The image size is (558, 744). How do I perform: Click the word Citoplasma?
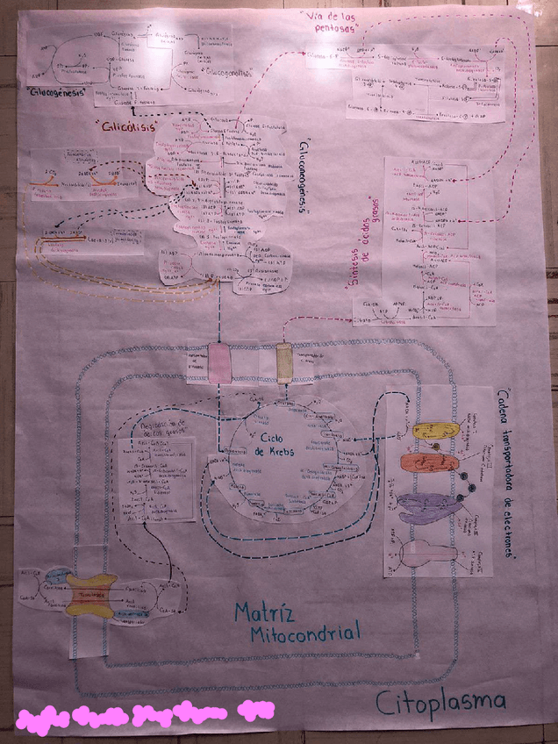[x=441, y=700]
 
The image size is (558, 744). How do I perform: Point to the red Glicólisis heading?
[x=130, y=126]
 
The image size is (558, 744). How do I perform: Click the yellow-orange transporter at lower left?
[x=91, y=597]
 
